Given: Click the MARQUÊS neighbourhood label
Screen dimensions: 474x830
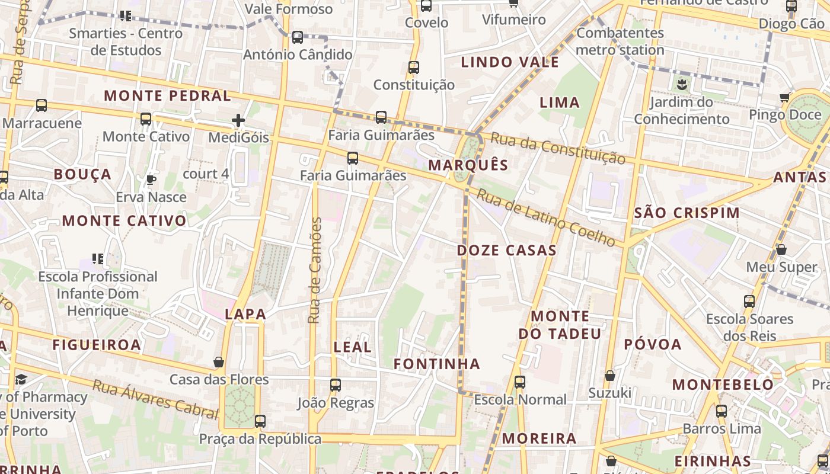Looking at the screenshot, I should pyautogui.click(x=468, y=165).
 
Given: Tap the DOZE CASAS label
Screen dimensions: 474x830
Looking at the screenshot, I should pyautogui.click(x=506, y=251).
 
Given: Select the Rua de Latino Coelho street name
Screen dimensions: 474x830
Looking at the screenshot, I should pyautogui.click(x=546, y=217).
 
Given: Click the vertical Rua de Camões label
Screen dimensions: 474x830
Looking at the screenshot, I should pyautogui.click(x=315, y=270).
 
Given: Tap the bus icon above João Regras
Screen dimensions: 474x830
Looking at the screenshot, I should pyautogui.click(x=336, y=385).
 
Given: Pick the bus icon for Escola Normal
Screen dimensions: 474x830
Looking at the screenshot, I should pyautogui.click(x=520, y=382).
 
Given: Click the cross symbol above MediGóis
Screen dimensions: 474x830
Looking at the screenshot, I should pyautogui.click(x=238, y=121).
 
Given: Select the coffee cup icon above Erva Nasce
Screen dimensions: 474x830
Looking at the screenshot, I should pyautogui.click(x=151, y=180).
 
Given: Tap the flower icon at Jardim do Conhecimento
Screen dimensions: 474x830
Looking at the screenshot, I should pyautogui.click(x=681, y=84).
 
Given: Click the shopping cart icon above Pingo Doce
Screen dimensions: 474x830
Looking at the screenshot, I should pyautogui.click(x=785, y=97).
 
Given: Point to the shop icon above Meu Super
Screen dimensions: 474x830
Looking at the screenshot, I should pyautogui.click(x=781, y=249).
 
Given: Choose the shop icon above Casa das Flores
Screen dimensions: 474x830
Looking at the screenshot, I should pyautogui.click(x=219, y=361).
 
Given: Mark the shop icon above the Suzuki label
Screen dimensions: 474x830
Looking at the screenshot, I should pyautogui.click(x=610, y=376).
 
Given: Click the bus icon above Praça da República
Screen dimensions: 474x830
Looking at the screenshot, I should pyautogui.click(x=260, y=421).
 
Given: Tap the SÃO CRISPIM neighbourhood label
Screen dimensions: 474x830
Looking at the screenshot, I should pyautogui.click(x=687, y=213).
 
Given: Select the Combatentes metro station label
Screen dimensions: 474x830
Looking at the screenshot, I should pyautogui.click(x=620, y=41).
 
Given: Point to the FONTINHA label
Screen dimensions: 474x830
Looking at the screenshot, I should pyautogui.click(x=437, y=364).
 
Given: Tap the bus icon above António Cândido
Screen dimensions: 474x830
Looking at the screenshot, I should pyautogui.click(x=298, y=37).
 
